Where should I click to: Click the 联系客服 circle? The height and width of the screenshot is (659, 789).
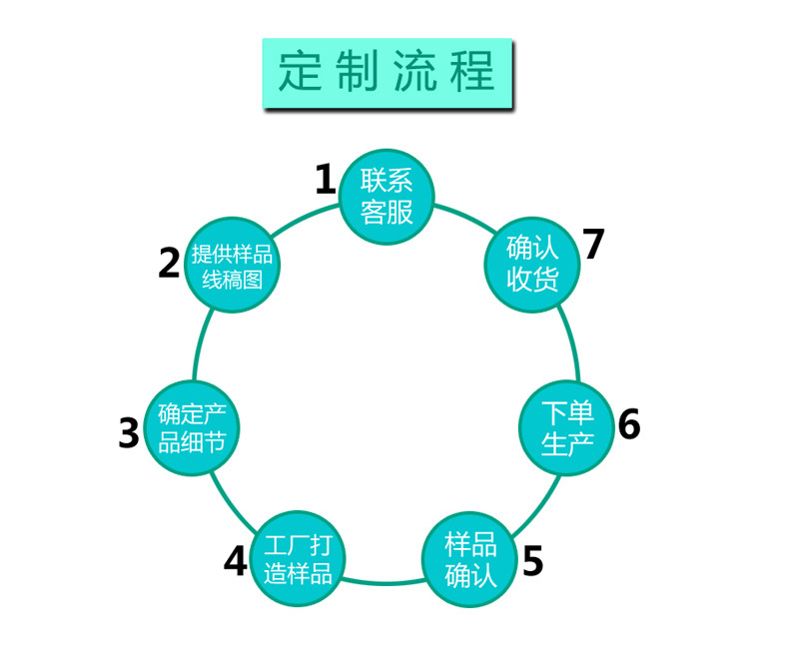387,196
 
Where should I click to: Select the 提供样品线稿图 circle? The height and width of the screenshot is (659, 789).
232,266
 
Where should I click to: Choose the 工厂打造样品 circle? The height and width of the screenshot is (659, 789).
297,559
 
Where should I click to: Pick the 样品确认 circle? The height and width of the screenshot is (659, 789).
470,559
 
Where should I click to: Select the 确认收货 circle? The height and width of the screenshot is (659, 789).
532,263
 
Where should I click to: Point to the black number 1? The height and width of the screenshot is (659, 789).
325,180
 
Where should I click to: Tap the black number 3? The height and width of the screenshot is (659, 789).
129,432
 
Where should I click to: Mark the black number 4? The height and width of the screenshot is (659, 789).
235,562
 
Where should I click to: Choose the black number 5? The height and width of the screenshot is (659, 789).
532,561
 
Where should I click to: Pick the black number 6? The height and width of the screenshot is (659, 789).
628,424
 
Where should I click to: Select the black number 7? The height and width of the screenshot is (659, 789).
594,244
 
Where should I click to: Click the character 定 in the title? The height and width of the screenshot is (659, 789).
303,73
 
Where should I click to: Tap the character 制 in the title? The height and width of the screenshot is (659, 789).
359,73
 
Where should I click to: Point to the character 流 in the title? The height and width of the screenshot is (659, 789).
413,73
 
